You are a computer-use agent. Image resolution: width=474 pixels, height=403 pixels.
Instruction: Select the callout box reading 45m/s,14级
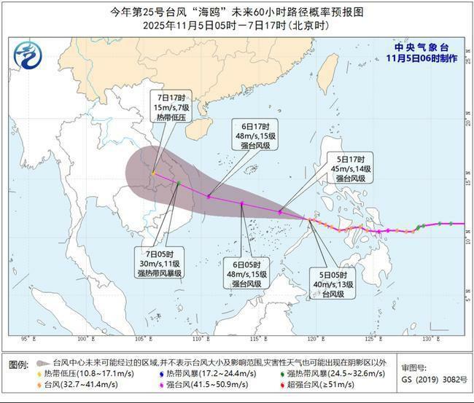click(x=354, y=168)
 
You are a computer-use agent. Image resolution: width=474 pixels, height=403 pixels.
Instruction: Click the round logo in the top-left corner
click(x=28, y=54)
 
